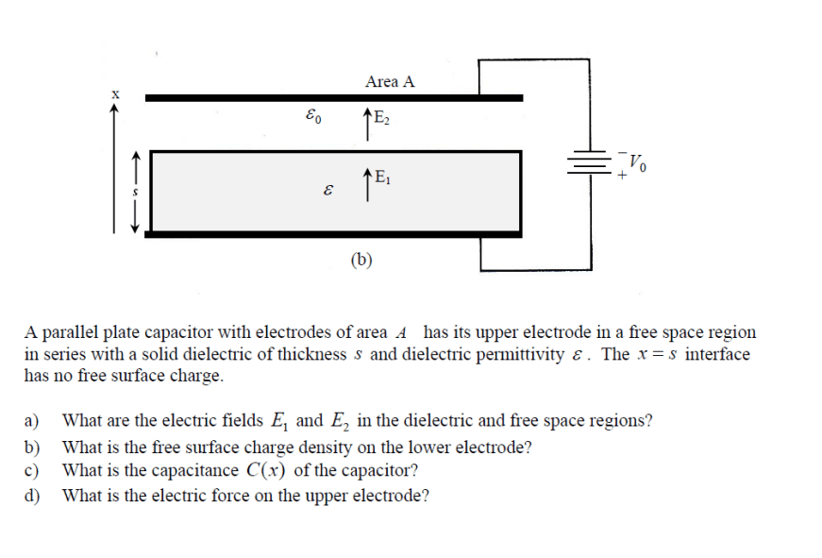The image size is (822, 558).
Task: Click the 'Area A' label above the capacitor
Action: point(390,82)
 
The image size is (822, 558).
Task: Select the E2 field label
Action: point(380,119)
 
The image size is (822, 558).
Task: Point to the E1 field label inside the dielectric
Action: point(381,175)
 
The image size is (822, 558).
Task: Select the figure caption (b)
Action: point(361,260)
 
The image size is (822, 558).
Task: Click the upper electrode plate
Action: point(333,97)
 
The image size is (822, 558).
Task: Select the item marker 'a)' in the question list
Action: point(34,421)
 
